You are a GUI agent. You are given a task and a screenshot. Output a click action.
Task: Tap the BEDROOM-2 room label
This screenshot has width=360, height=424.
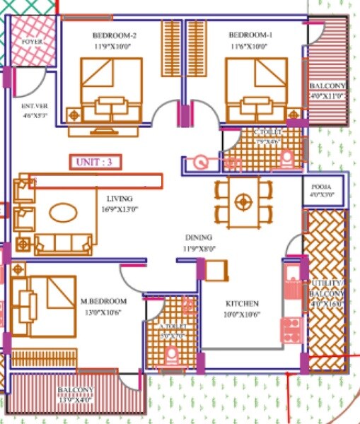114,35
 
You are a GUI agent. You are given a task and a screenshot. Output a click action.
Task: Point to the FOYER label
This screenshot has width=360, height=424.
32,42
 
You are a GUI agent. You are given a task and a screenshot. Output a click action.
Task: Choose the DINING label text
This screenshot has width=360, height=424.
199,238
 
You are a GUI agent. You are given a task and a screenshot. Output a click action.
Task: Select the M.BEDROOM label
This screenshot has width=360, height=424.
103,302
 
